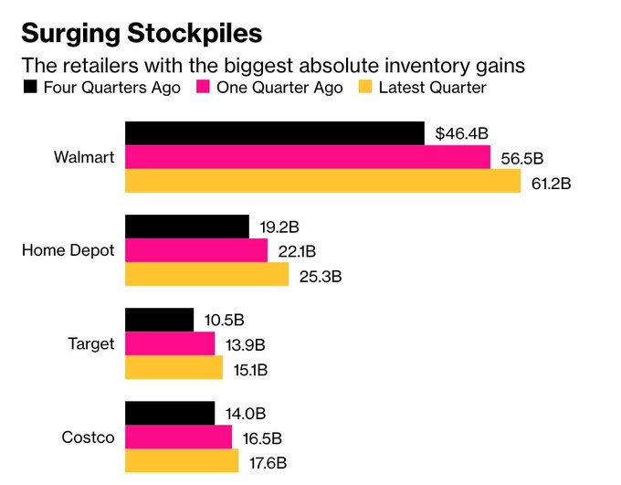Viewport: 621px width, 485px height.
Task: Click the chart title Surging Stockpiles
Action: [x=142, y=34]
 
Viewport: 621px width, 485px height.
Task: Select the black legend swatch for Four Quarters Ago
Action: [x=28, y=88]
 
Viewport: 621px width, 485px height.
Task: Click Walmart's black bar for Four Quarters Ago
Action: [x=274, y=133]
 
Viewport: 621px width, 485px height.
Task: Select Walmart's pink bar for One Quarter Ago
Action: [x=307, y=157]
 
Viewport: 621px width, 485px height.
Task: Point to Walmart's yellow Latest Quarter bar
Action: [x=322, y=181]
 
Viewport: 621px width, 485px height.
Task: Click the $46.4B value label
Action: [x=462, y=134]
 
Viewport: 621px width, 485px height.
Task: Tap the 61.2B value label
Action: [x=551, y=183]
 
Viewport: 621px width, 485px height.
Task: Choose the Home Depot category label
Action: [x=68, y=250]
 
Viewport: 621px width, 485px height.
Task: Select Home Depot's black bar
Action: [x=186, y=227]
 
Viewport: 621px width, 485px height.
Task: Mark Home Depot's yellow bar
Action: [x=206, y=274]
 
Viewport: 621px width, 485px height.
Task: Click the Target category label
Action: [x=91, y=343]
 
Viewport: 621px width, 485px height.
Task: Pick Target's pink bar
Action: [x=169, y=343]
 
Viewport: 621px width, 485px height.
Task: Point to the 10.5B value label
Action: [x=224, y=321]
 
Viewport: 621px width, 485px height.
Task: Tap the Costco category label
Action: [x=89, y=437]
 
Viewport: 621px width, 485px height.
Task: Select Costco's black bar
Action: [x=169, y=413]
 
